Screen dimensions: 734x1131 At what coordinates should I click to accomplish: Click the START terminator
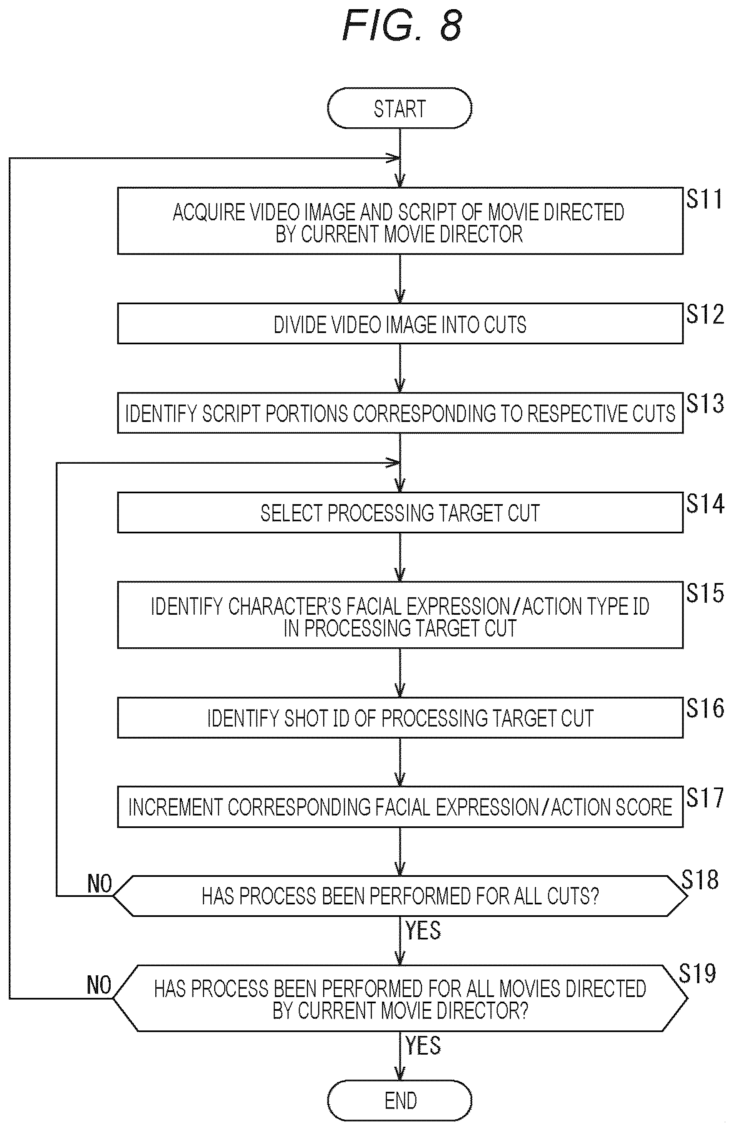[399, 109]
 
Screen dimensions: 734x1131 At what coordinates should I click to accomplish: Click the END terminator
[399, 1100]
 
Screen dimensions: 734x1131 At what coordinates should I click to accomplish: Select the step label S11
[704, 199]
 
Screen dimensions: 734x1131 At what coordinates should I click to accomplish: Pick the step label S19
[697, 973]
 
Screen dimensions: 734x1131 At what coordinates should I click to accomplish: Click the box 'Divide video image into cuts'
[400, 323]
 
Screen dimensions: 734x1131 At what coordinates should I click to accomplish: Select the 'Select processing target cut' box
[400, 512]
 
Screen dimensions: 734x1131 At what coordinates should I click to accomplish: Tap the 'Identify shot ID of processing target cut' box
[400, 717]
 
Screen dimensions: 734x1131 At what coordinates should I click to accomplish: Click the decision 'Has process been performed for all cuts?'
[400, 896]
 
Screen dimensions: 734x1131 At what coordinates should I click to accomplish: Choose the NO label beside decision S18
[99, 884]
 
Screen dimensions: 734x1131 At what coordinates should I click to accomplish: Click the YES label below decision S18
[423, 930]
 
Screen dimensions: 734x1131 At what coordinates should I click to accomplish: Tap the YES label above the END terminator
[423, 1045]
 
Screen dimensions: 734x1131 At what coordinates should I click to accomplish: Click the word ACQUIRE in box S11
[209, 212]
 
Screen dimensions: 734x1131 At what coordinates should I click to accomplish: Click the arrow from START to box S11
[400, 158]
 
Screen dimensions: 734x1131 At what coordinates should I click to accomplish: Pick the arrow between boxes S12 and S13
[400, 368]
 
